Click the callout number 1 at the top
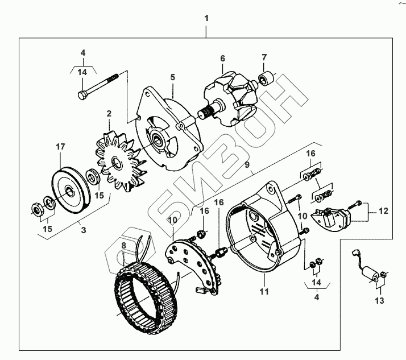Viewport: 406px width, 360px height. [x=206, y=19]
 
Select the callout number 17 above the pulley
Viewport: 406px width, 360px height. [x=60, y=147]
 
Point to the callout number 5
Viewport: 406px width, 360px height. [x=172, y=76]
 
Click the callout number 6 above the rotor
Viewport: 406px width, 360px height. [x=222, y=59]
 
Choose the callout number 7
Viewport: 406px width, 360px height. [x=264, y=57]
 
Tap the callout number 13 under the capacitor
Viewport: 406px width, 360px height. [x=379, y=300]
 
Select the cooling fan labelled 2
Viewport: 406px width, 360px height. [x=118, y=162]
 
